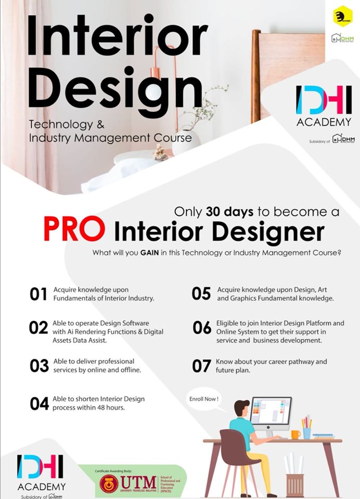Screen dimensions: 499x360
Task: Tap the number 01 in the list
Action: [38, 294]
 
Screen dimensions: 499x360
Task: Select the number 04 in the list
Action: [39, 403]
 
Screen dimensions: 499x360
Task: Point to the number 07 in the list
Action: [201, 366]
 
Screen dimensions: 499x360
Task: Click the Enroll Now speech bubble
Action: [204, 400]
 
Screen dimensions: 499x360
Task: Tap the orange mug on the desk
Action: [295, 434]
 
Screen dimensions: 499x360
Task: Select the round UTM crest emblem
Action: [109, 483]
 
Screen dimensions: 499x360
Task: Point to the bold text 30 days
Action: [229, 212]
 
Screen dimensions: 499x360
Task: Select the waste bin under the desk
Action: [294, 483]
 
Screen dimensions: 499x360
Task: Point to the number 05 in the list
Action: [201, 294]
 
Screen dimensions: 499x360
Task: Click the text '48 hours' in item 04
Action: [112, 408]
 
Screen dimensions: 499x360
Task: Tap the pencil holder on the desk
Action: [307, 431]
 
